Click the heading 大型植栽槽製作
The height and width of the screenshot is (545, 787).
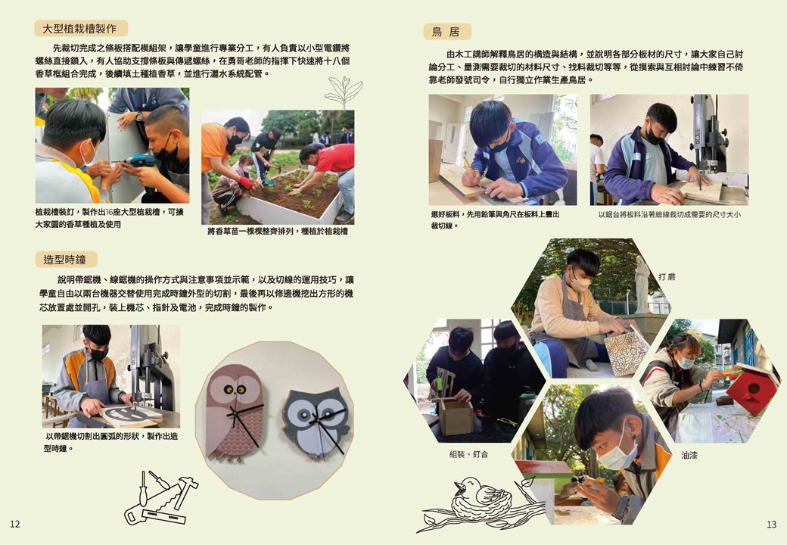(x=79, y=29)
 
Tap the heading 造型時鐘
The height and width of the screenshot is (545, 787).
(x=65, y=260)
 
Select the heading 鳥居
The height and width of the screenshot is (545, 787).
(x=446, y=32)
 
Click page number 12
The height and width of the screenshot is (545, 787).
(x=15, y=524)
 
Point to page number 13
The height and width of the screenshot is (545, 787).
(x=771, y=525)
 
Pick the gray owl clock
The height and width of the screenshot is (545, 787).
(x=316, y=424)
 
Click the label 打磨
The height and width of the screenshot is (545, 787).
(x=667, y=276)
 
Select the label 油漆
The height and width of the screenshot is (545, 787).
(x=689, y=455)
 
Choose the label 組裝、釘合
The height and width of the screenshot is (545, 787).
(x=468, y=454)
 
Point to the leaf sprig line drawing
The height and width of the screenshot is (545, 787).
(x=344, y=92)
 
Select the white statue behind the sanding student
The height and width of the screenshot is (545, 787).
(x=642, y=284)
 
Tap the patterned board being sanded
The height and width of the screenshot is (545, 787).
(x=627, y=352)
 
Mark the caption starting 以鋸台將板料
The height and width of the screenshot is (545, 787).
(x=669, y=215)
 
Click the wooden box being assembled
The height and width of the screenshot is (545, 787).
(x=456, y=416)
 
